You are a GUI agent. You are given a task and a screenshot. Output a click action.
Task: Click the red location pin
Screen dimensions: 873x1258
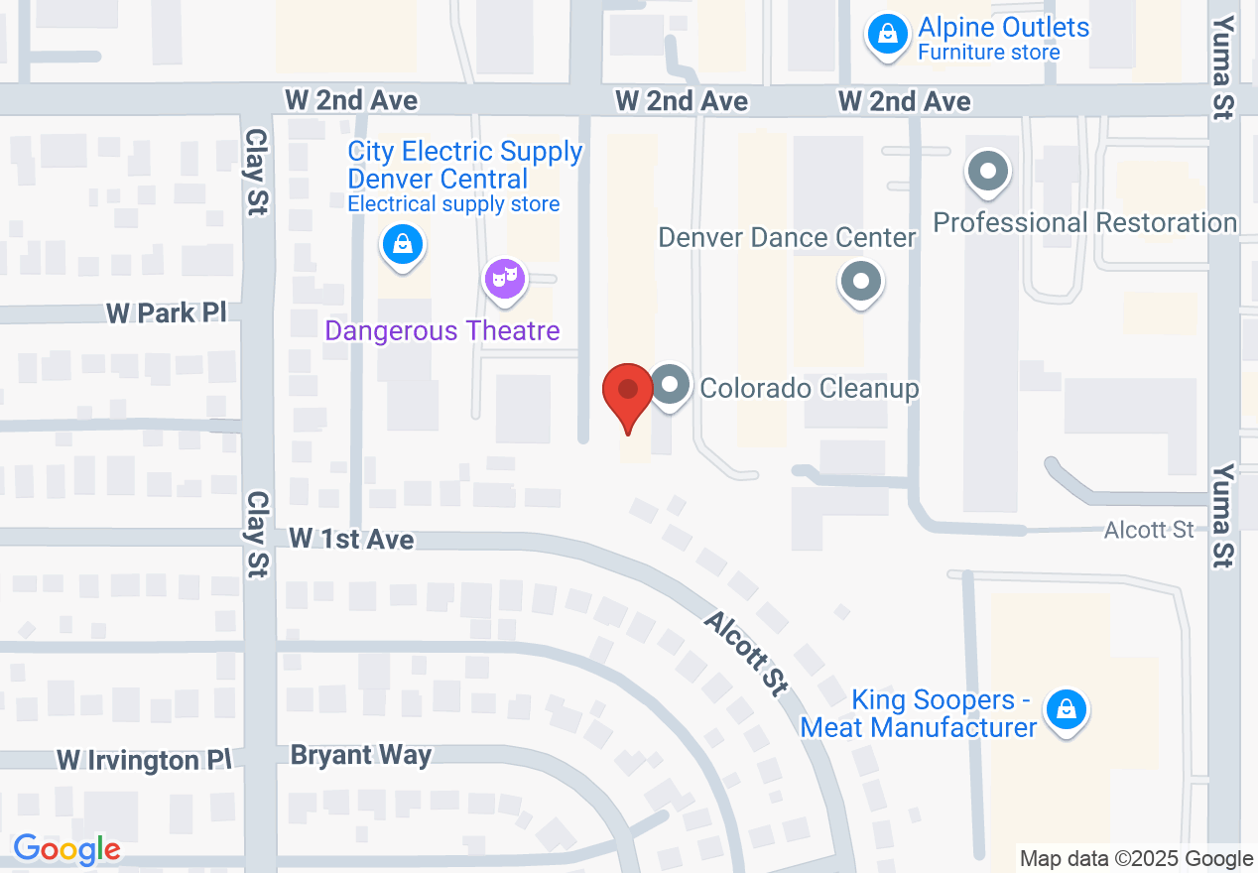coord(628,395)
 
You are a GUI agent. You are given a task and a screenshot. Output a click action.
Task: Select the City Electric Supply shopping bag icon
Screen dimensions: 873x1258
coord(403,243)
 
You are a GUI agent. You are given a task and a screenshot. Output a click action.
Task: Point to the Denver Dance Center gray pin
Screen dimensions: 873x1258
coord(861,282)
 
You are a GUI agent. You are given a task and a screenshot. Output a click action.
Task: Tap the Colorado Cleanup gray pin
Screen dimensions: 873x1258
coord(671,384)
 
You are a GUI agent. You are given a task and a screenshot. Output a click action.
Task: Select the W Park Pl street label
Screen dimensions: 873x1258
coord(167,313)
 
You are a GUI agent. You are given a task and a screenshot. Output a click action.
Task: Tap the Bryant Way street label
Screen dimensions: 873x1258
coord(361,755)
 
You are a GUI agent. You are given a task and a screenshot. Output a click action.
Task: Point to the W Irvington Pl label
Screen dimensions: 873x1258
coord(144,760)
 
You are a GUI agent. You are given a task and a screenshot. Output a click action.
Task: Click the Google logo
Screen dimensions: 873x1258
coord(66,850)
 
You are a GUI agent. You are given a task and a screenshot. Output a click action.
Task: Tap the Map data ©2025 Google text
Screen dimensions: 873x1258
coord(1137,859)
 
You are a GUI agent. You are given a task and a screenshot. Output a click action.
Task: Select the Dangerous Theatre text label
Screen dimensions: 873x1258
coord(442,330)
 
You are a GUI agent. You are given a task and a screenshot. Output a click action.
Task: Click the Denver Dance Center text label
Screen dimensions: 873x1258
coord(788,238)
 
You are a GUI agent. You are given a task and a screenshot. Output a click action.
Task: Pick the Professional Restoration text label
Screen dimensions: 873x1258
coord(1085,222)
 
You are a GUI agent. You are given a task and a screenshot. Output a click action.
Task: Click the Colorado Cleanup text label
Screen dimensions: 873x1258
coord(810,388)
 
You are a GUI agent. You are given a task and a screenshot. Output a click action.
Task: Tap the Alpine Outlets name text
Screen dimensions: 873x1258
coord(1004,27)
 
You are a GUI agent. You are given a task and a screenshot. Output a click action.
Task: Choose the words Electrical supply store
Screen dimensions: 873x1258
coord(453,204)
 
